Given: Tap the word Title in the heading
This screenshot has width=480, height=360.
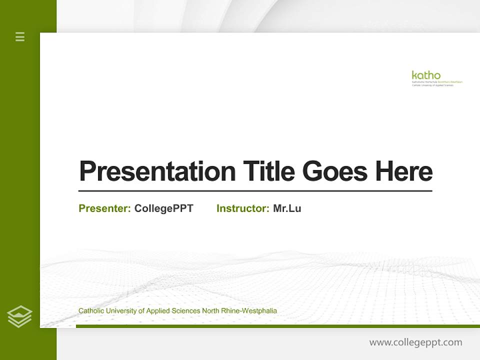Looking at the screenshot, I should (269, 171).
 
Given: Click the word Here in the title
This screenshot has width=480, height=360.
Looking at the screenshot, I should (403, 171).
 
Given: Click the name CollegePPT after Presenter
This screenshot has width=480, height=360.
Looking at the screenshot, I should (163, 208).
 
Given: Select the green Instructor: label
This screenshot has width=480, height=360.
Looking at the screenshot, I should (243, 208).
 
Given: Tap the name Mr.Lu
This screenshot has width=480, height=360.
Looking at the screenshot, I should (287, 208).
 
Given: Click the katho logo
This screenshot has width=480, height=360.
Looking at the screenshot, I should (426, 75).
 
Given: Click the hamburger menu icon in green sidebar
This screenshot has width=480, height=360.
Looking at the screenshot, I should (20, 36).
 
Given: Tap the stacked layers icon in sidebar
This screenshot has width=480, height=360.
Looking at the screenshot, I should (19, 316).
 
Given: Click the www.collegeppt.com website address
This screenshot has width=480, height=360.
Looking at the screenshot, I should (415, 342).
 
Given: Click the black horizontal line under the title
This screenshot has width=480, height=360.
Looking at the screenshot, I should (255, 190).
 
